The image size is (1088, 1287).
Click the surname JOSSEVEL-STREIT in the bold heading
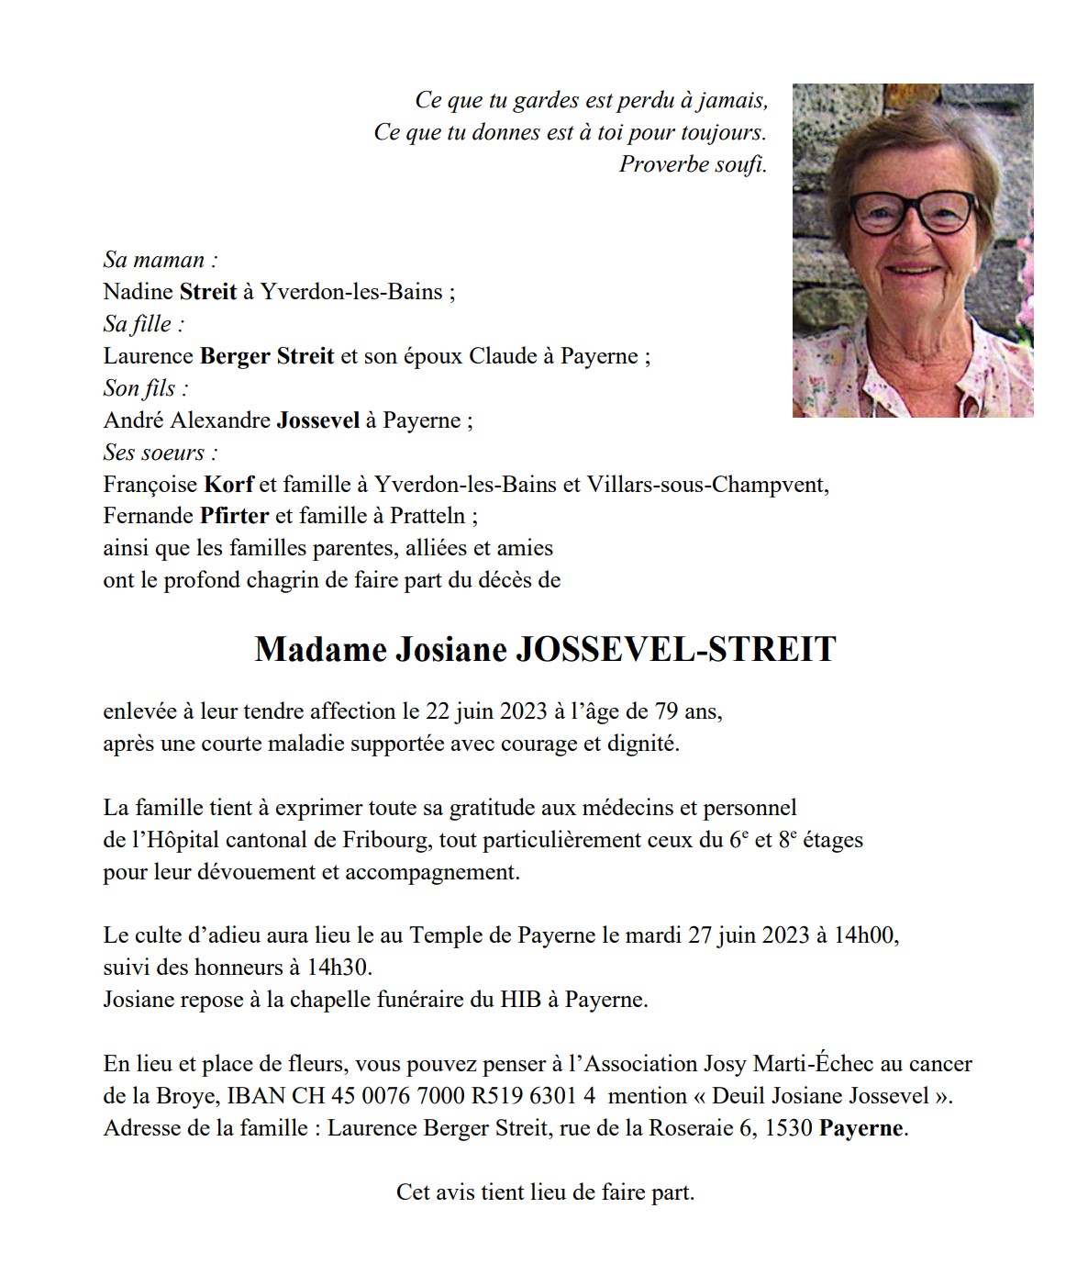tap(676, 650)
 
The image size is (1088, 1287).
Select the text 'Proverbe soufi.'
tap(693, 164)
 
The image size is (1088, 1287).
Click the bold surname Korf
tap(228, 484)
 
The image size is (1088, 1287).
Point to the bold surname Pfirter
tap(234, 516)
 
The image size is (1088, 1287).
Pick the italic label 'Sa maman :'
tap(161, 260)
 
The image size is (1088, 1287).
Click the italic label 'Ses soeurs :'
tap(161, 453)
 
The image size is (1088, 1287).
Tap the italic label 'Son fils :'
tap(146, 388)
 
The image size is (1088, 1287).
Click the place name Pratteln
tap(427, 516)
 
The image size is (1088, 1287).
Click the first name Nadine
tap(139, 292)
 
